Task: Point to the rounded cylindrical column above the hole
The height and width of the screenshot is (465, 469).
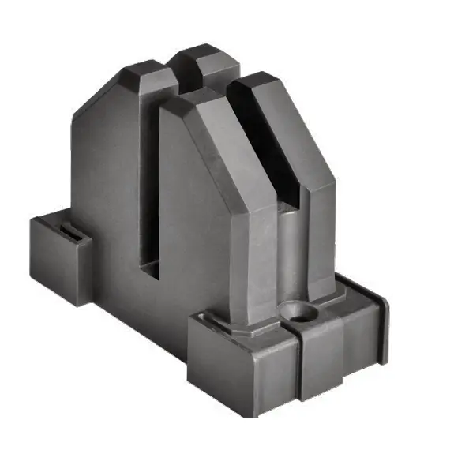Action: click(289, 253)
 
